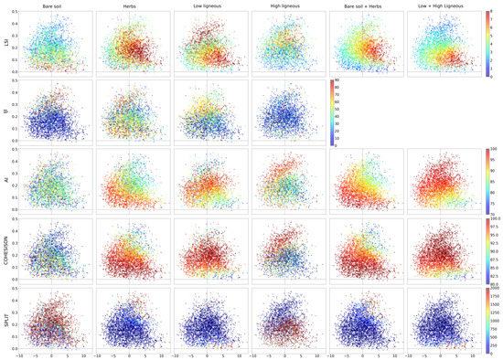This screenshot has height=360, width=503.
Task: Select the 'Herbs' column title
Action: pyautogui.click(x=129, y=6)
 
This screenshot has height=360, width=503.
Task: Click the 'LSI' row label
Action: pyautogui.click(x=5, y=43)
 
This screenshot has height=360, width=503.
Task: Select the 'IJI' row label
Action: pyautogui.click(x=5, y=112)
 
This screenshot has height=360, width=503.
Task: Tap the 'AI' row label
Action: pyautogui.click(x=5, y=182)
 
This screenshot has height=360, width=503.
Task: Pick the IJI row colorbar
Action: pyautogui.click(x=331, y=112)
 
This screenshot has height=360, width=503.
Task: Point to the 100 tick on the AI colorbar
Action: pyautogui.click(x=494, y=150)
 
